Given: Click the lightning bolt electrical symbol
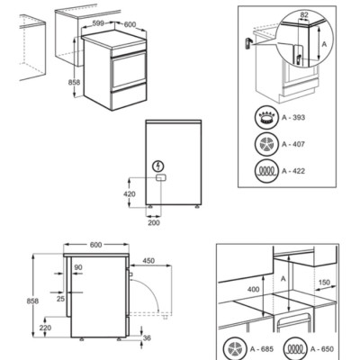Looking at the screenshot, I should [x=159, y=166].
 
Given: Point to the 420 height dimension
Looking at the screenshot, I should [x=129, y=193].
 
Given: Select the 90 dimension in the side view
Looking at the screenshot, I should [x=77, y=267].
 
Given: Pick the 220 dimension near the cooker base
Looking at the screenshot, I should [x=45, y=328].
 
